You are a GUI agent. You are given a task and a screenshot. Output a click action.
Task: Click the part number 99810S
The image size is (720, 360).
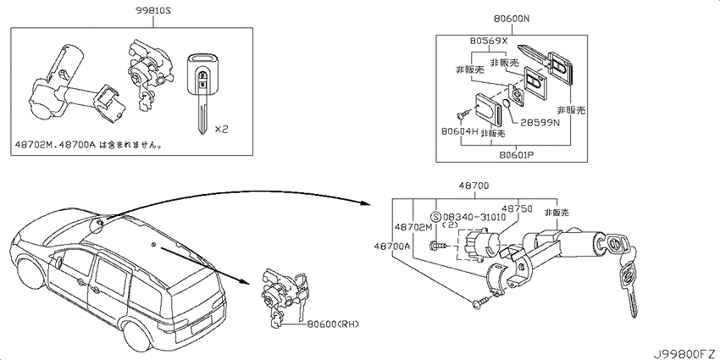coord(152,10)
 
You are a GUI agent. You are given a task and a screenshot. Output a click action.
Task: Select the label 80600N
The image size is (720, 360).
coord(512,19)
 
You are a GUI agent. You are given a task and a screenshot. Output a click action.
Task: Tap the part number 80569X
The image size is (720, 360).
coord(489,41)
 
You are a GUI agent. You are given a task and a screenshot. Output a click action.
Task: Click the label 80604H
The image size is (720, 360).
coord(460,131)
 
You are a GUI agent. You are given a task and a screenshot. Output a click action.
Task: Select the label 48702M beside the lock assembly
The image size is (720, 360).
coord(413,226)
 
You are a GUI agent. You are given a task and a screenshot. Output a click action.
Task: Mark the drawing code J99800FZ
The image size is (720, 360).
coord(685,354)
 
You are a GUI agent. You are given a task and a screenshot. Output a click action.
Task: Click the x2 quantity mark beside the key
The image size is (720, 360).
coord(221,130)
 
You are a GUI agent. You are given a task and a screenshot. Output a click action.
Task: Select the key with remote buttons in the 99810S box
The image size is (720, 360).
coord(202,94)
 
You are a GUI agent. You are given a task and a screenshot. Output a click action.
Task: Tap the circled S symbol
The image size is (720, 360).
coord(435,216)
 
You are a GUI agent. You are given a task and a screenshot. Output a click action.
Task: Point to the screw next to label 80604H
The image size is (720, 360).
coord(462,114)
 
